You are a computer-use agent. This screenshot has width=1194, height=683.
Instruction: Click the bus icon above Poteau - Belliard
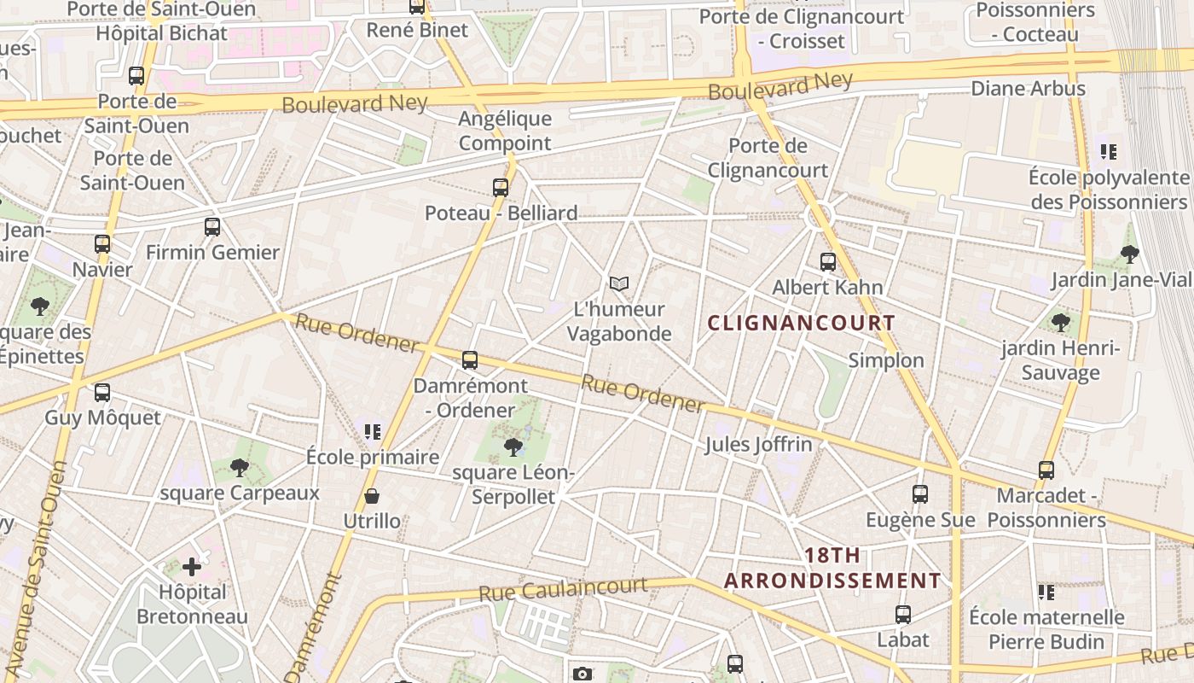(501, 187)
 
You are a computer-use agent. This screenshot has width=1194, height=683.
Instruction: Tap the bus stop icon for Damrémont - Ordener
(470, 359)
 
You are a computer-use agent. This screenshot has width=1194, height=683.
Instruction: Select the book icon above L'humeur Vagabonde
(619, 283)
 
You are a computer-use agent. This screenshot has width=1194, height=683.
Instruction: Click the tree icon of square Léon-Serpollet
(513, 447)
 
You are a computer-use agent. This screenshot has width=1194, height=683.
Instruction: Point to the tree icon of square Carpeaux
(240, 467)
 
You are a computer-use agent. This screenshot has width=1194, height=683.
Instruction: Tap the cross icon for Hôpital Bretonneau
(192, 566)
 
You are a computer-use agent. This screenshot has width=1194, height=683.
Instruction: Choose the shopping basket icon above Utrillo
(372, 495)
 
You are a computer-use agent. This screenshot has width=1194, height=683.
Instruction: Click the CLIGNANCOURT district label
(802, 323)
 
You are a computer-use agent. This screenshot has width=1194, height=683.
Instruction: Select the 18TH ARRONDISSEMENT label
(832, 568)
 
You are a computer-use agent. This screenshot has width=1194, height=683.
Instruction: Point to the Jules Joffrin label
(758, 444)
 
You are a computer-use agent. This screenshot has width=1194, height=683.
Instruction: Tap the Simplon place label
(886, 360)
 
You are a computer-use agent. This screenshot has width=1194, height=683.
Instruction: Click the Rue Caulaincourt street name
(563, 588)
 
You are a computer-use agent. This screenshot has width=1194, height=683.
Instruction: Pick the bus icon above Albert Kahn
(827, 261)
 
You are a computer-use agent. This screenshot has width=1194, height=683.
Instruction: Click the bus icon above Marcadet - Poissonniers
(1046, 470)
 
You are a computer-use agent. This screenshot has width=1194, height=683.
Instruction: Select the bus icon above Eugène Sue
(919, 493)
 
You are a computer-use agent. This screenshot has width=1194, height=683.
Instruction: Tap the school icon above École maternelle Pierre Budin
(1046, 592)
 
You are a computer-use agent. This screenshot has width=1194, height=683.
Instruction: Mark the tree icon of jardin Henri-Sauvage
(1061, 322)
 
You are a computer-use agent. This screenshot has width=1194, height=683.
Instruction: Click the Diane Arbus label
(1028, 88)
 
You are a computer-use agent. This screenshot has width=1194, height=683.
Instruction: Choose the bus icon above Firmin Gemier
(212, 226)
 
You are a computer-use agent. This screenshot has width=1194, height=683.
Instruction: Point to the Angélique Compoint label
(505, 131)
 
